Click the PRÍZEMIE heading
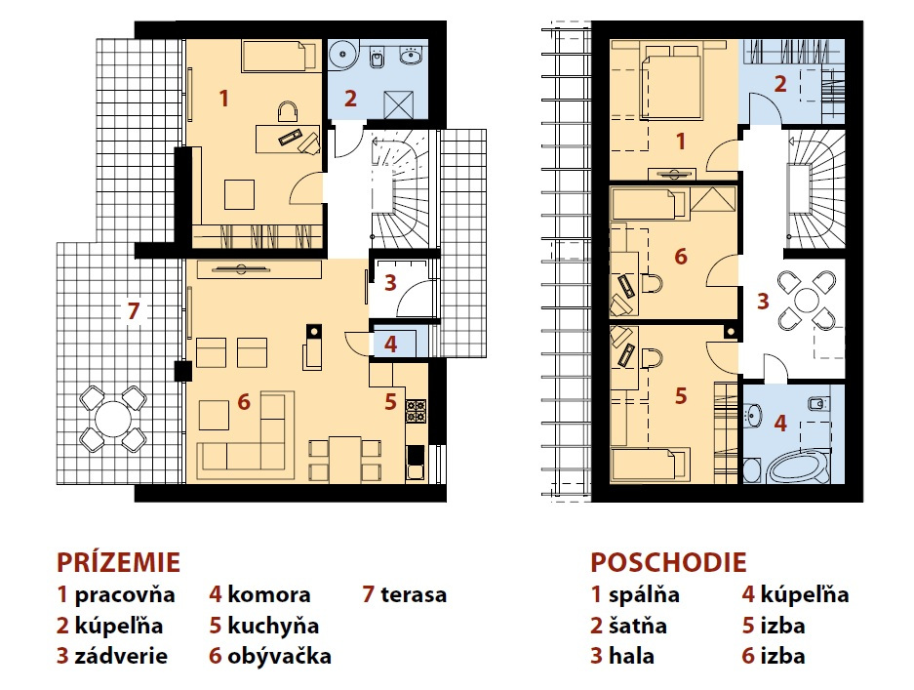(x=118, y=562)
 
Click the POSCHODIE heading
(x=668, y=562)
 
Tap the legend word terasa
(x=414, y=594)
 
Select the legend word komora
(x=268, y=594)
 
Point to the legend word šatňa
(x=638, y=626)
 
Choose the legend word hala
(x=631, y=656)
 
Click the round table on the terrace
(x=114, y=419)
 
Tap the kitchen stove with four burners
(x=417, y=410)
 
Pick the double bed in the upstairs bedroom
(x=671, y=87)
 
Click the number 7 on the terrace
(x=134, y=311)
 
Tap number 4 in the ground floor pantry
(x=390, y=344)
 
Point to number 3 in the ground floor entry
(x=390, y=283)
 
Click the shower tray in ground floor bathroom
(x=399, y=105)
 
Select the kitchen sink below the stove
(x=416, y=462)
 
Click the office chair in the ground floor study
(x=288, y=112)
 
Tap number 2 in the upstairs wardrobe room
(x=780, y=83)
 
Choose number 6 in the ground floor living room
(x=244, y=401)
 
